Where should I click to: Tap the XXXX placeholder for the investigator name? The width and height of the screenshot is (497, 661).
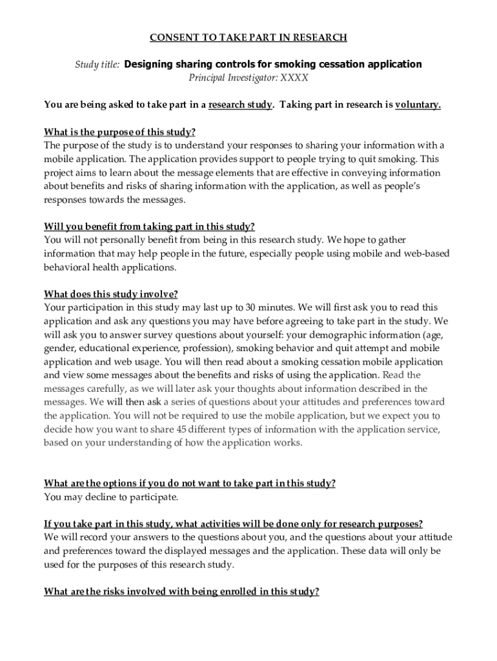pyautogui.click(x=294, y=78)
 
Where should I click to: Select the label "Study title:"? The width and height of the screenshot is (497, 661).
pyautogui.click(x=97, y=65)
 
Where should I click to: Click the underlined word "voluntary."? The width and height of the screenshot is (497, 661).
pyautogui.click(x=418, y=105)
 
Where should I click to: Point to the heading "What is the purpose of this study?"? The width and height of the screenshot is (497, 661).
pyautogui.click(x=119, y=132)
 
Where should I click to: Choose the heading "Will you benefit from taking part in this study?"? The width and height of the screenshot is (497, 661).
pyautogui.click(x=149, y=226)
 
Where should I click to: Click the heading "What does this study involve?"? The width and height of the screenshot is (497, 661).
pyautogui.click(x=110, y=294)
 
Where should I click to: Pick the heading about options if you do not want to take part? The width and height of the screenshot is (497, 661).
pyautogui.click(x=189, y=483)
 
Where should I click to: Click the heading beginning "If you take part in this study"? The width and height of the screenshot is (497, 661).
pyautogui.click(x=233, y=524)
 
